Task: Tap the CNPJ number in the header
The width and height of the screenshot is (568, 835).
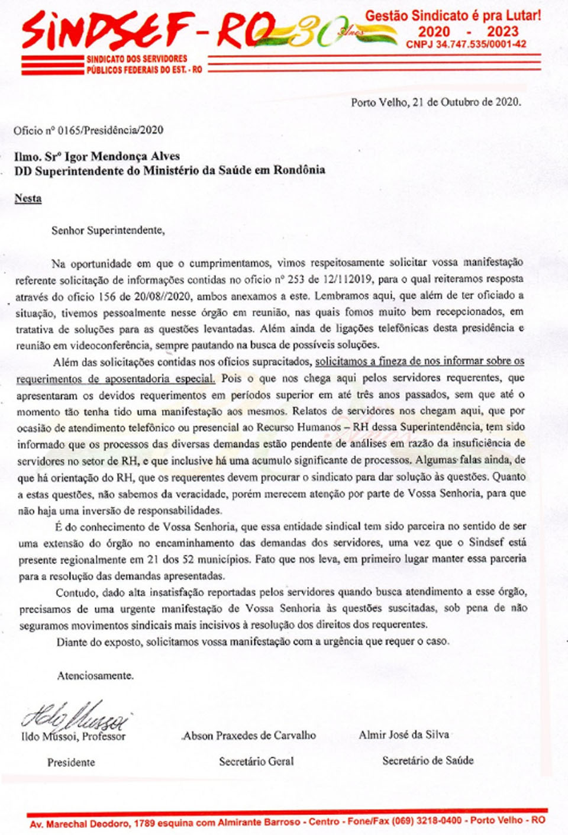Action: click(x=466, y=44)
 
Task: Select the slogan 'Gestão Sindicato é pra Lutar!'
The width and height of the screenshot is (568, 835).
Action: click(x=453, y=16)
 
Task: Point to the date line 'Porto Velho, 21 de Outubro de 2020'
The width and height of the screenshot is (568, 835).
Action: click(x=435, y=102)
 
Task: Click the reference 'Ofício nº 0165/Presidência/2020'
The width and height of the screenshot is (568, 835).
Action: click(x=89, y=130)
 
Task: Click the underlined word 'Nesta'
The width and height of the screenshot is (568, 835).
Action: click(x=28, y=198)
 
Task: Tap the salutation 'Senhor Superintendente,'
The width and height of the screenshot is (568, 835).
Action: click(x=108, y=230)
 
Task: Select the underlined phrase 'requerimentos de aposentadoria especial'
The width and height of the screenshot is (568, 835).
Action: click(x=115, y=378)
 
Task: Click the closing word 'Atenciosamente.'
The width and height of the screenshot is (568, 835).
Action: click(x=95, y=675)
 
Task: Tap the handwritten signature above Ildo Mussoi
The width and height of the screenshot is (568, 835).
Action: click(x=75, y=716)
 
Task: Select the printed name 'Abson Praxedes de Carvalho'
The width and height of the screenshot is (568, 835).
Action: click(x=249, y=736)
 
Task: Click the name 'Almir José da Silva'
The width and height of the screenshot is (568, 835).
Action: click(x=404, y=735)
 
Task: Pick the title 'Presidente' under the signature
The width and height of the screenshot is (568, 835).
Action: click(x=71, y=762)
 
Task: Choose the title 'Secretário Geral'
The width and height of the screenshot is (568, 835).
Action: click(x=256, y=762)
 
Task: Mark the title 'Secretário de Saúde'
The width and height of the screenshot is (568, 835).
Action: click(x=428, y=760)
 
